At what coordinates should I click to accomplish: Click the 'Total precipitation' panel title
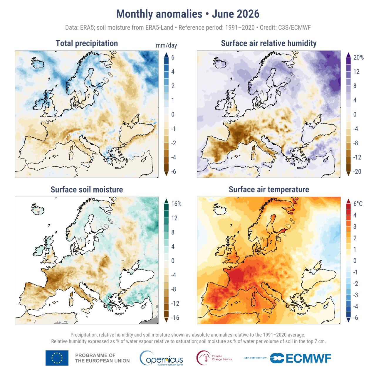pyautogui.click(x=87, y=43)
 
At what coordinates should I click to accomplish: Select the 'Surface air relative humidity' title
pyautogui.click(x=269, y=43)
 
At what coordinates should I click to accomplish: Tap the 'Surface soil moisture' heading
pyautogui.click(x=87, y=189)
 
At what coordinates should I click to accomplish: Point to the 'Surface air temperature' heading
pyautogui.click(x=269, y=189)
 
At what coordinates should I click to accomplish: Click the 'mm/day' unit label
pyautogui.click(x=166, y=45)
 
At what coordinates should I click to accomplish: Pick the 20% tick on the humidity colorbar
pyautogui.click(x=358, y=58)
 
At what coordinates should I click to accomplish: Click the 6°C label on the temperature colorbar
pyautogui.click(x=358, y=204)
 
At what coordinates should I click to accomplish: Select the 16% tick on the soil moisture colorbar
pyautogui.click(x=176, y=204)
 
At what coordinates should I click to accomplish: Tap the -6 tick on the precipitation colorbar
pyautogui.click(x=174, y=172)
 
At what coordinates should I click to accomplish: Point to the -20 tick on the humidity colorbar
pyautogui.click(x=357, y=172)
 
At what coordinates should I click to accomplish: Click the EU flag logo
pyautogui.click(x=57, y=358)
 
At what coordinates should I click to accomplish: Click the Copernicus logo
pyautogui.click(x=161, y=358)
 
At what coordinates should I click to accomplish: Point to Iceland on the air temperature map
pyautogui.click(x=220, y=209)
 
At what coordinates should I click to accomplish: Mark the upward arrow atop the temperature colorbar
pyautogui.click(x=348, y=201)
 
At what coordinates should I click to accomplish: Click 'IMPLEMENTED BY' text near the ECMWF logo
pyautogui.click(x=255, y=358)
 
